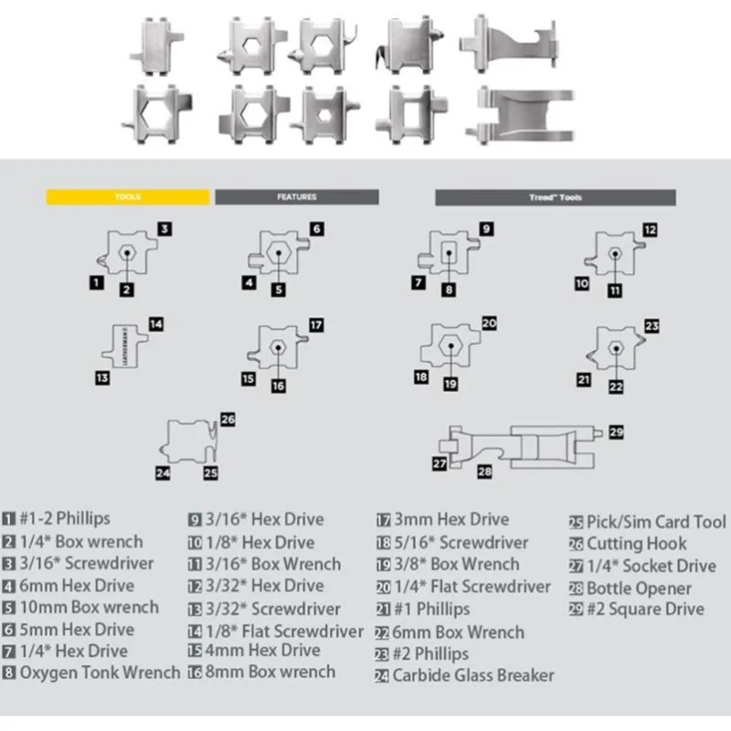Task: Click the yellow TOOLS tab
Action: (x=129, y=196)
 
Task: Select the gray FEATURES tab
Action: (x=296, y=196)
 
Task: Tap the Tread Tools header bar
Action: (x=555, y=196)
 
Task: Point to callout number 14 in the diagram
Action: (x=155, y=323)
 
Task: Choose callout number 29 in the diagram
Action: (x=616, y=431)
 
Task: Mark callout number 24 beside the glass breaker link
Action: (x=163, y=472)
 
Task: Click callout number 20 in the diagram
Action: (x=489, y=323)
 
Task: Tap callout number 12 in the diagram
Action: (x=650, y=230)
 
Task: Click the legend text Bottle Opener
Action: (x=639, y=588)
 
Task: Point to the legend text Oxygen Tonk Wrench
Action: (x=101, y=673)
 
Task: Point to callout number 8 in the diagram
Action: (x=449, y=290)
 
